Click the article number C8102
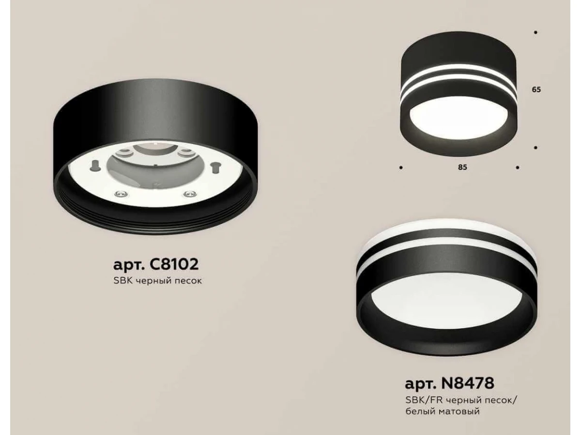pyautogui.click(x=174, y=264)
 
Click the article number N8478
pyautogui.click(x=468, y=383)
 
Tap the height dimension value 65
pyautogui.click(x=536, y=90)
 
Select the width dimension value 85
pyautogui.click(x=462, y=167)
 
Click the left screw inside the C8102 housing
pyautogui.click(x=122, y=194)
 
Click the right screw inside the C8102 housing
pyautogui.click(x=190, y=194)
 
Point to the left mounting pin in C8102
pyautogui.click(x=94, y=165)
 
